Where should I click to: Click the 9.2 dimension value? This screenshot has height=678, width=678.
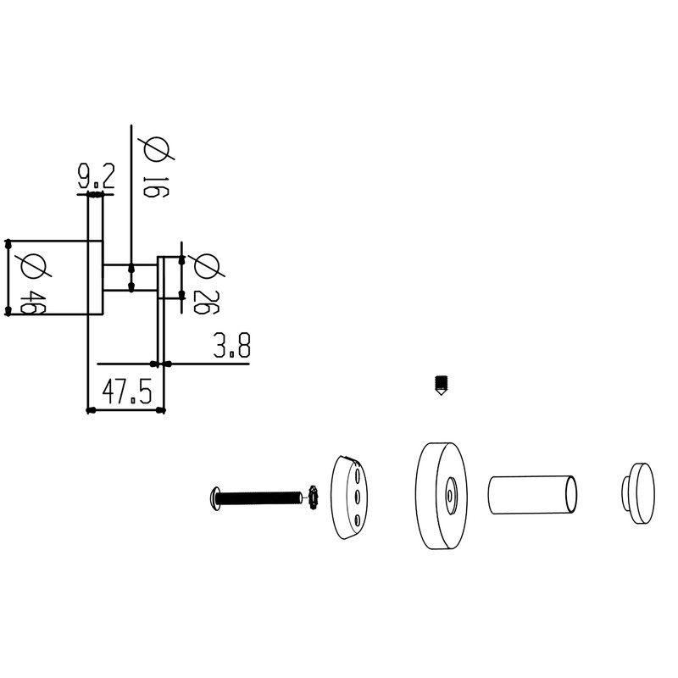pos(96,176)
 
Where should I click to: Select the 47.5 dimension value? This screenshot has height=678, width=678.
pos(127,392)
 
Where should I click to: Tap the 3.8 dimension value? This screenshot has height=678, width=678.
pos(231,345)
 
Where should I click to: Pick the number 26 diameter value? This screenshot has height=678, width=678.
pos(206,303)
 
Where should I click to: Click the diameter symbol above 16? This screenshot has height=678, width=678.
pos(156,149)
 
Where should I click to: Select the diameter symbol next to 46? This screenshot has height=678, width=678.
pos(33,266)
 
